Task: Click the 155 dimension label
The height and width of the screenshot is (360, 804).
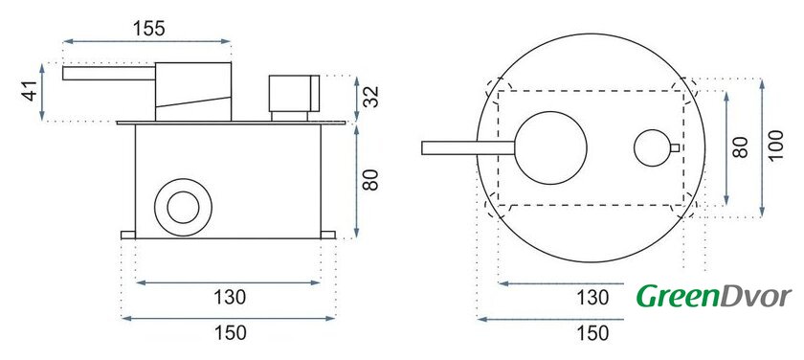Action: point(149,28)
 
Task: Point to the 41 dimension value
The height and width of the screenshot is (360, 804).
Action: point(32,91)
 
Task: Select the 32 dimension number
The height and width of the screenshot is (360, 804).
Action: point(371,97)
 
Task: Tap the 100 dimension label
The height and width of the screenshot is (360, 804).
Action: point(776,145)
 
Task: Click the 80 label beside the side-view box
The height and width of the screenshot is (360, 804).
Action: point(369,179)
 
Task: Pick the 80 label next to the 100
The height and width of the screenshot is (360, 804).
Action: point(741,147)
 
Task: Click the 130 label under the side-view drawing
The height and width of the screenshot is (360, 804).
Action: point(229,297)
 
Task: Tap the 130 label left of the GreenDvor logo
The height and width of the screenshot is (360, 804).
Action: point(592,297)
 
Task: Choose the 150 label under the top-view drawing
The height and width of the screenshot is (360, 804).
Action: point(592,333)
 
